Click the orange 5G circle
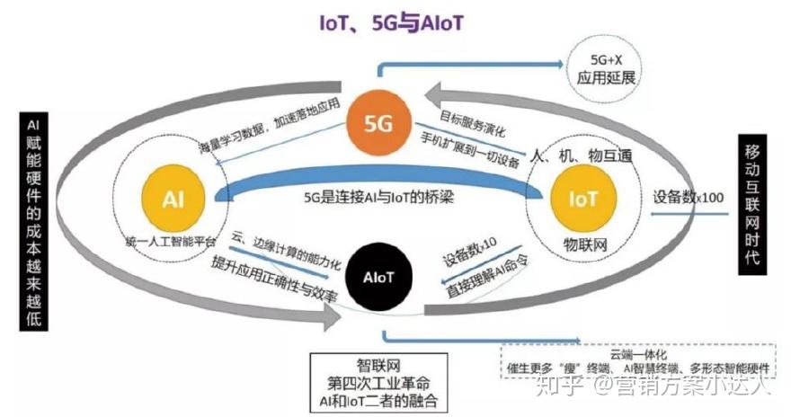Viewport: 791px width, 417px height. pyautogui.click(x=378, y=125)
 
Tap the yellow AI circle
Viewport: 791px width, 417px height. pyautogui.click(x=169, y=199)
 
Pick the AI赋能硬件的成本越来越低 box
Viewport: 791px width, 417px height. pyautogui.click(x=32, y=221)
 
